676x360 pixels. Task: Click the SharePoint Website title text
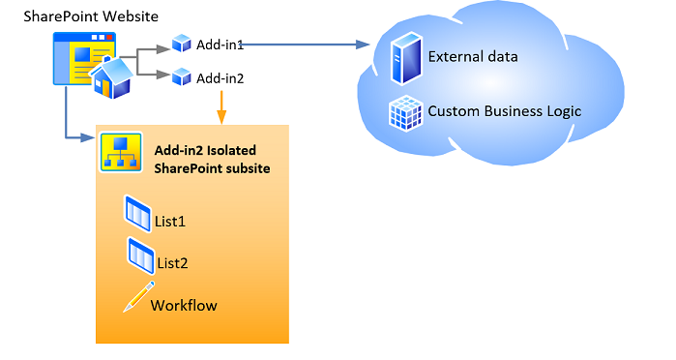(x=90, y=17)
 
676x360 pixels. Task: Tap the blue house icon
(x=111, y=77)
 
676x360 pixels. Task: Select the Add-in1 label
(x=220, y=45)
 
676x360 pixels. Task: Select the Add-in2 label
(x=220, y=77)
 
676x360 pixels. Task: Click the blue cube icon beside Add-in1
(x=180, y=45)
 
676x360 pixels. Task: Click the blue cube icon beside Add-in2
(x=180, y=77)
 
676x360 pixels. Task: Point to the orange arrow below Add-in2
(x=221, y=107)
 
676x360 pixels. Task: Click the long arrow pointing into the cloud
(x=309, y=45)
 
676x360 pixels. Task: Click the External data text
(x=473, y=56)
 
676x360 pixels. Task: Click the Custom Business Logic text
(x=504, y=110)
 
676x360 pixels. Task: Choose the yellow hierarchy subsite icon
(x=121, y=152)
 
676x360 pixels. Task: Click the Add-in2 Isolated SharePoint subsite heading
(x=212, y=159)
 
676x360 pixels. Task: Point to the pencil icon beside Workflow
(x=138, y=297)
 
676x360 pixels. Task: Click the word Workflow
(x=184, y=305)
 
